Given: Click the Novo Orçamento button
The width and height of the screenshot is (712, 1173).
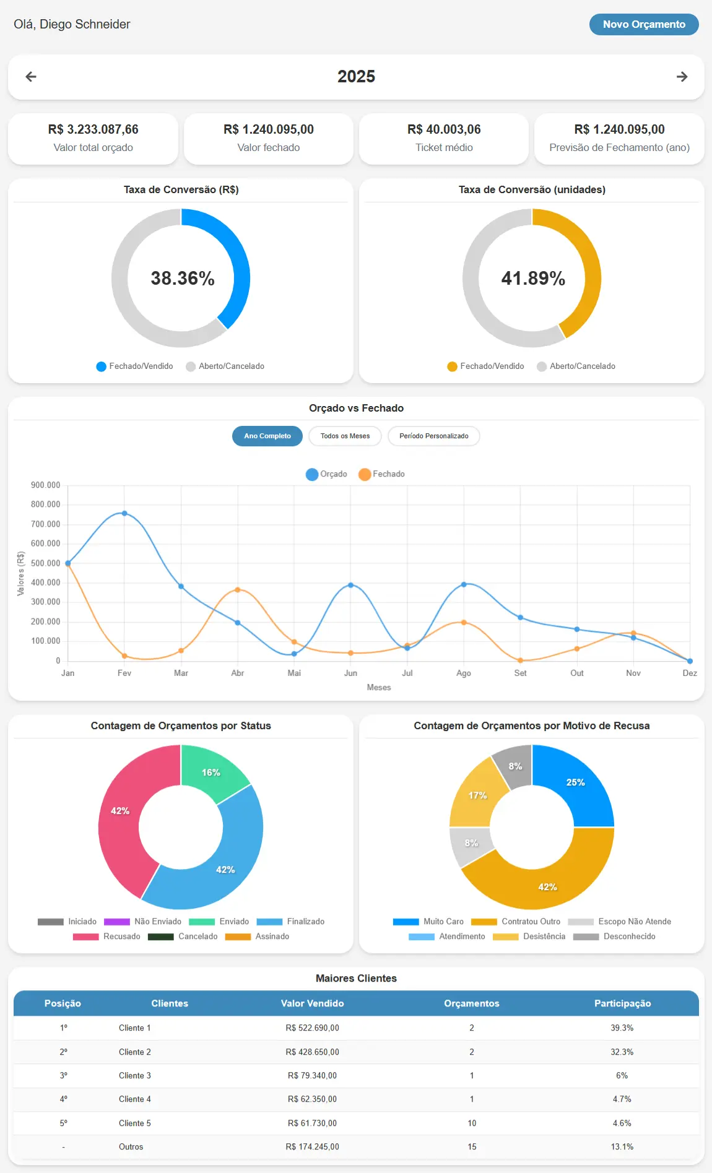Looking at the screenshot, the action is point(644,24).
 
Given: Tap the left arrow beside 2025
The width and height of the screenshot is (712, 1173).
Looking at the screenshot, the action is point(31,77).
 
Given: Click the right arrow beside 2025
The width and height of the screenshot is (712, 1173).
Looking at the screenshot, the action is point(682,77).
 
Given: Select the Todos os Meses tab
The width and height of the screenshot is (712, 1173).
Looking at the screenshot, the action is point(345,436).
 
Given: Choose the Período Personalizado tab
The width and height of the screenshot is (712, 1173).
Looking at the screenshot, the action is point(433,436).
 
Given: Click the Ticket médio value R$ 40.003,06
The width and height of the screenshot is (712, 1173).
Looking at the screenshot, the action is point(444,129).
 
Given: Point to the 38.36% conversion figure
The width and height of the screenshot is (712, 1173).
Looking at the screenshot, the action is point(183,279).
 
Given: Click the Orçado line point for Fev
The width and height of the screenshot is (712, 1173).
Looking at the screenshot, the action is point(124,513).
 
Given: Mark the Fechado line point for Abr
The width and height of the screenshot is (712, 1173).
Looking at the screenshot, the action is point(238,590).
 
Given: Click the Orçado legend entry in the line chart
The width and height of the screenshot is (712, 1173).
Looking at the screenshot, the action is point(326,474).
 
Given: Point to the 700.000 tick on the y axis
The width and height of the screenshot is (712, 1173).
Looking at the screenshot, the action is point(46,524).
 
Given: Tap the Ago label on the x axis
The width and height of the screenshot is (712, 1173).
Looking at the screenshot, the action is point(464,673).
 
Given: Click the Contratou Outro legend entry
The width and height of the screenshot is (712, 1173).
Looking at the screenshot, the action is point(515,922).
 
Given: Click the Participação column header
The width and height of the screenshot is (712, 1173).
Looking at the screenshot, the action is point(622,1003).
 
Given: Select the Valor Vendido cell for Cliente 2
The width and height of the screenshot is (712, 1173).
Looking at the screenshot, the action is point(312,1052).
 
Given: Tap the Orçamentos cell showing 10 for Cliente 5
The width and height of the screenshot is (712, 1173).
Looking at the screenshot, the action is point(472,1123).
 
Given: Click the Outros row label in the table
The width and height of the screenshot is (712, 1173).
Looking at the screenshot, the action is point(131,1146).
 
